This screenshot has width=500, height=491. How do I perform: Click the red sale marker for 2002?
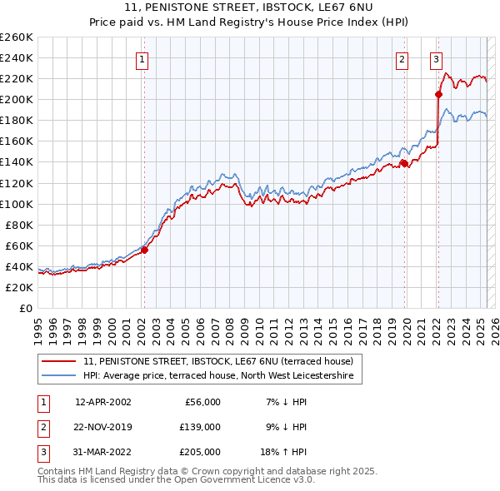[x=144, y=249]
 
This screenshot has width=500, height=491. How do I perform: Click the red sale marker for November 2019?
[x=404, y=163]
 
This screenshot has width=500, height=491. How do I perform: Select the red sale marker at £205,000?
[x=438, y=94]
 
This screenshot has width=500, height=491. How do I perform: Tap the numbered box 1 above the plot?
[x=142, y=59]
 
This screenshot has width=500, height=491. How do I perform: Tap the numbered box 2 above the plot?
[x=402, y=59]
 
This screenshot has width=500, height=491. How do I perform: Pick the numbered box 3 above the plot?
[x=436, y=59]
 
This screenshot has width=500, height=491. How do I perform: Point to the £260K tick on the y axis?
[x=16, y=37]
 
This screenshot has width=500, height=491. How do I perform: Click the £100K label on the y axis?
[x=16, y=204]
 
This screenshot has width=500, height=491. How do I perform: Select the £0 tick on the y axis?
[x=25, y=308]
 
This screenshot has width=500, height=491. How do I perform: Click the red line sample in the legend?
[x=59, y=361]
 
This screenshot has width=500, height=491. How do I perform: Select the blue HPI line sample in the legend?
[x=59, y=376]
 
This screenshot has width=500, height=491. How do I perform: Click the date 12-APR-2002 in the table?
[x=102, y=402]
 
